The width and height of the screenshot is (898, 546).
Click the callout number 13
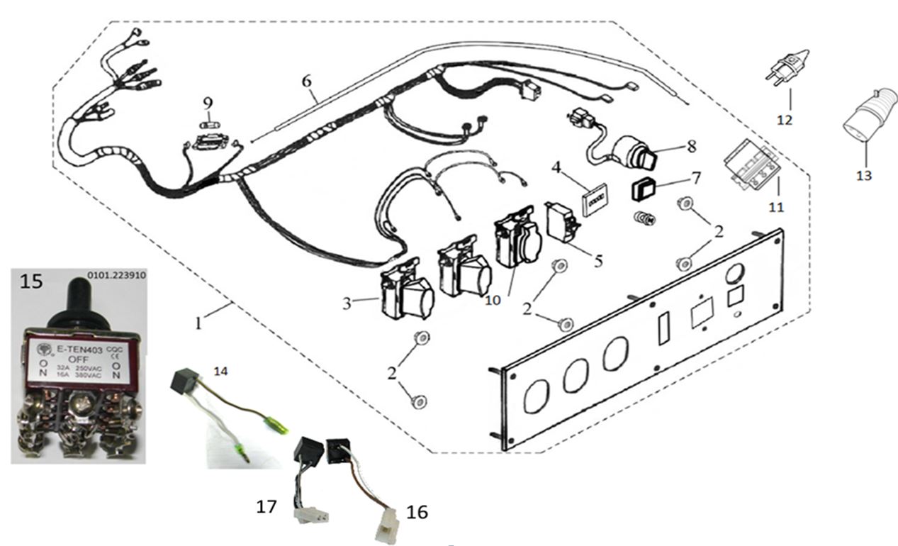pos(863,175)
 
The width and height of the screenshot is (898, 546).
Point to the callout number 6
pos(306,81)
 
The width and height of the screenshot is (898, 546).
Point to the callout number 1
pos(199,323)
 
